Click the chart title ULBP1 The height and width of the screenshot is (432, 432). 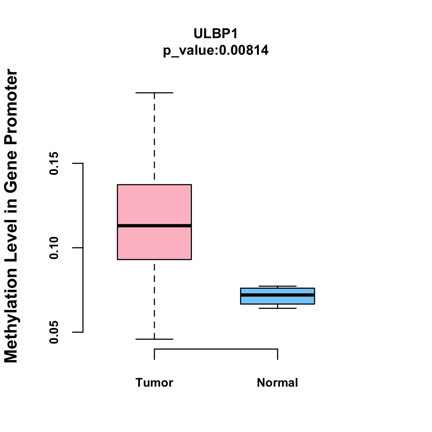tap(216, 33)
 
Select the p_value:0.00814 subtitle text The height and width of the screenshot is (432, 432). tap(216, 50)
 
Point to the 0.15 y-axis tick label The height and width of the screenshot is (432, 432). tap(54, 163)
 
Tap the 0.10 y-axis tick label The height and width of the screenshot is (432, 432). tap(54, 248)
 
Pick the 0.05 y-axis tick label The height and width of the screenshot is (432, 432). tap(54, 332)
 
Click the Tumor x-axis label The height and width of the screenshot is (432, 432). tap(154, 383)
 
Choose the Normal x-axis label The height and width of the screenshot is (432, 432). tap(278, 383)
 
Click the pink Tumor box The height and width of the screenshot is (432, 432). tap(154, 205)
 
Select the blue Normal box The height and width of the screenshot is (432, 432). tap(278, 300)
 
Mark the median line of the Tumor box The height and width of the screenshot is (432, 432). tap(154, 226)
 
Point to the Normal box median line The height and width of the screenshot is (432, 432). tap(278, 295)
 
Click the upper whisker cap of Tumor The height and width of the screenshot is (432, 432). tap(154, 93)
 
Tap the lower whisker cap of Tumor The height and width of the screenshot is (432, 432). tap(154, 339)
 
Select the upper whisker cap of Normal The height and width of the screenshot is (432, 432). tap(278, 286)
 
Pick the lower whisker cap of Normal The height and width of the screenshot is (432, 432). tap(278, 308)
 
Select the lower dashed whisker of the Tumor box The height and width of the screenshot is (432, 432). tap(154, 299)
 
